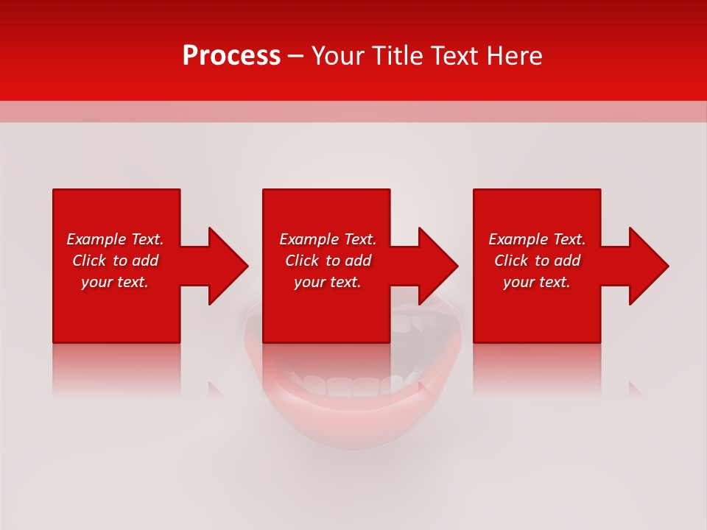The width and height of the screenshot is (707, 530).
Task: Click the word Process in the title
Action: click(x=231, y=56)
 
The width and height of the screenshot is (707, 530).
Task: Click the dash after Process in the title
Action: click(x=296, y=57)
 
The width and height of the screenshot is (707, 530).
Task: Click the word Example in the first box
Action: click(x=96, y=239)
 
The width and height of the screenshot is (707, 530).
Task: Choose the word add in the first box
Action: click(x=145, y=261)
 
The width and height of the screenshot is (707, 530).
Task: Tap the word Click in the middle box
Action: click(x=303, y=261)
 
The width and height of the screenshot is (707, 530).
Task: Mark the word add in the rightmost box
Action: click(x=567, y=261)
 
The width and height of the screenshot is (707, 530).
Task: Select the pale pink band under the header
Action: click(x=353, y=111)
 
